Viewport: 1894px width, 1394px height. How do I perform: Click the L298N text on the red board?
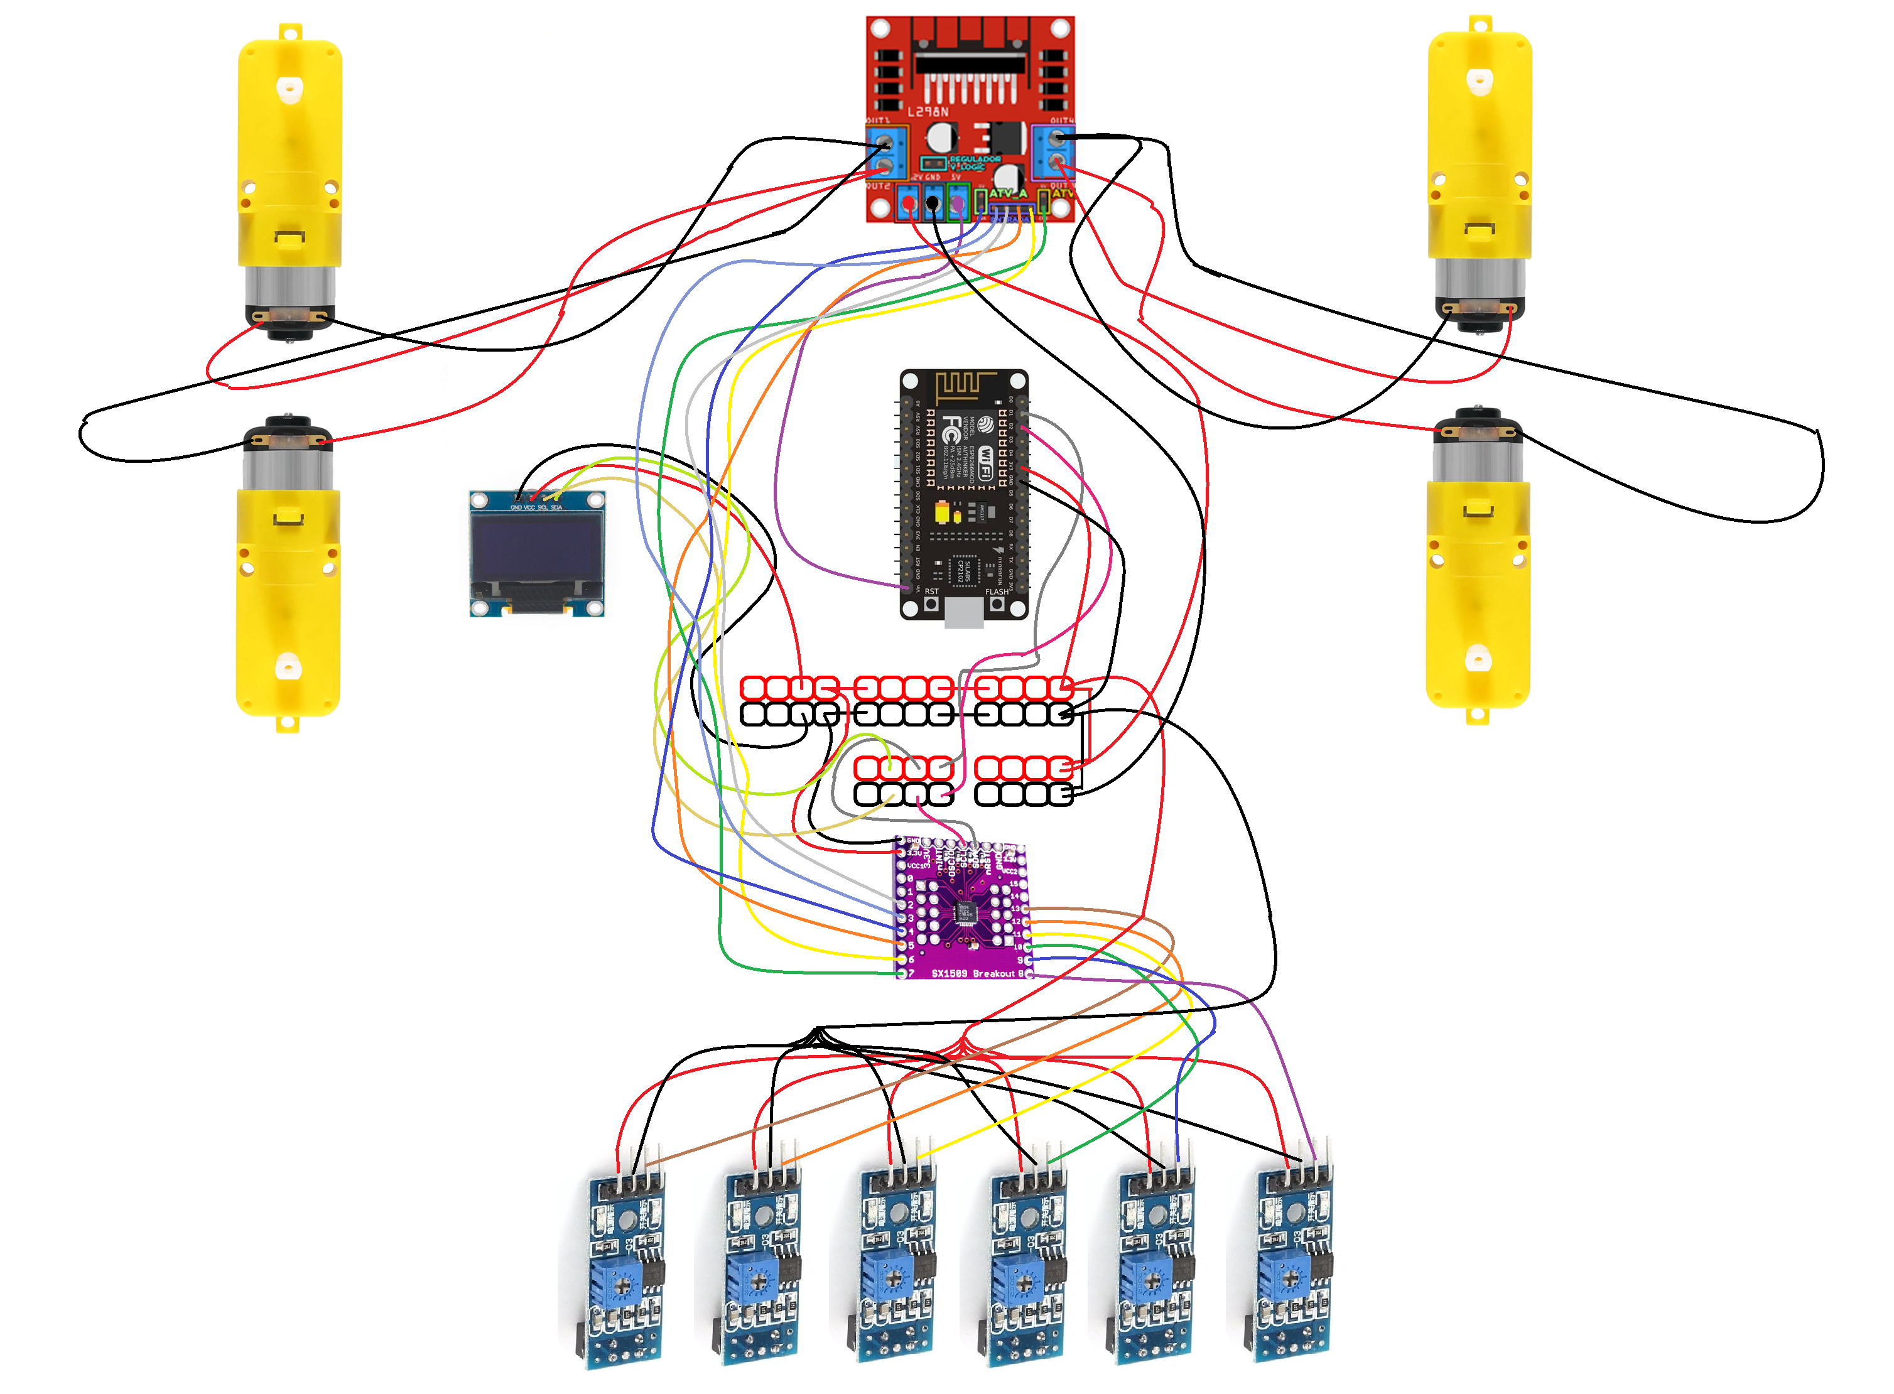click(x=928, y=111)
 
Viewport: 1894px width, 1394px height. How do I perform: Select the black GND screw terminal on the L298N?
click(x=932, y=203)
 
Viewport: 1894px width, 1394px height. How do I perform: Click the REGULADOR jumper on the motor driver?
click(x=932, y=163)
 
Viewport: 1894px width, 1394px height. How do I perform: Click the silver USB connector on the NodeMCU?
click(x=963, y=613)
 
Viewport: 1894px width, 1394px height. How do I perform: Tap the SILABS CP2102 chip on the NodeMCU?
click(x=963, y=570)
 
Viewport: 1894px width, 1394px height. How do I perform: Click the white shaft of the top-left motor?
click(x=290, y=86)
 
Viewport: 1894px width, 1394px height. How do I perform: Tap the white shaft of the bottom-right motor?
click(x=1477, y=657)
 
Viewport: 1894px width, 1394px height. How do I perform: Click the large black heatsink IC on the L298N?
click(x=970, y=63)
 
